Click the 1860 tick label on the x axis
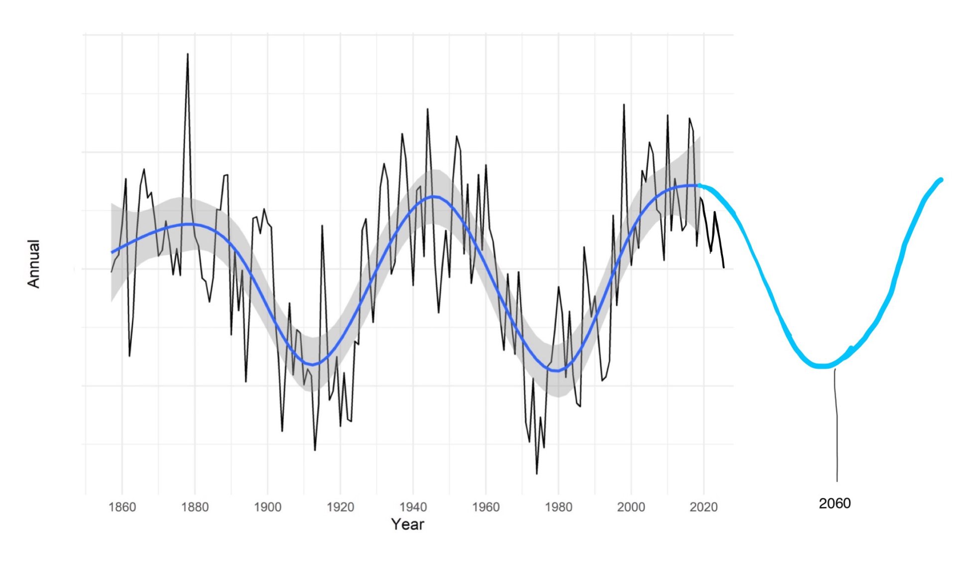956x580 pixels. (x=122, y=507)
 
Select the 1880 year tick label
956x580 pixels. (x=195, y=507)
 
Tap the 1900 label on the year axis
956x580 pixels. (x=267, y=507)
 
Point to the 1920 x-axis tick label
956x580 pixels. (x=340, y=507)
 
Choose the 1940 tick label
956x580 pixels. (x=413, y=507)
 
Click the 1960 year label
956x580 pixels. (x=485, y=507)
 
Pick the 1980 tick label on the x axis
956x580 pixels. (x=558, y=507)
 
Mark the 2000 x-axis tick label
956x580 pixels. (x=631, y=507)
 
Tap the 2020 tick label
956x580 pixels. (x=704, y=507)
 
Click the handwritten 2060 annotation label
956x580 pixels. (x=835, y=503)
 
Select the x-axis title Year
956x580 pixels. (x=407, y=524)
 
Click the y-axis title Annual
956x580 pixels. (x=33, y=264)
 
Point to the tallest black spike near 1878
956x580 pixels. (x=188, y=54)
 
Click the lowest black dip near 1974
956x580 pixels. (x=537, y=473)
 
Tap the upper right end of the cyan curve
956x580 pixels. (x=941, y=180)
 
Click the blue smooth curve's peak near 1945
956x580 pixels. (x=434, y=196)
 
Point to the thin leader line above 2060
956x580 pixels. (x=836, y=423)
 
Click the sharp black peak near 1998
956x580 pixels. (x=624, y=105)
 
